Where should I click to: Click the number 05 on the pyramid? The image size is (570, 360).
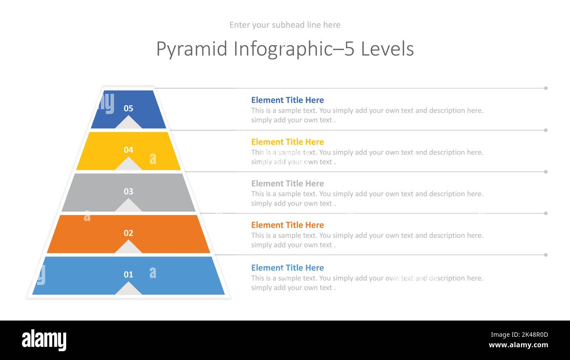click(128, 108)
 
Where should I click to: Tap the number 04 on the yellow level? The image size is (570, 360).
click(128, 150)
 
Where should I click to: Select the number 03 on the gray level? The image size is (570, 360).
click(128, 192)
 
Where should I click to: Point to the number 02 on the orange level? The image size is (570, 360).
click(128, 233)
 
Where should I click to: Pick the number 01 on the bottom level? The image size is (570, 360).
click(128, 274)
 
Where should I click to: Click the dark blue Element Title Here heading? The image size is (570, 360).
click(287, 100)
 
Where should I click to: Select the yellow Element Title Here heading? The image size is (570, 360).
click(287, 142)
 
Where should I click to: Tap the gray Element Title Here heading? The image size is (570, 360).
click(287, 183)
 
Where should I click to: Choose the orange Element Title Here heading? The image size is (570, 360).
click(287, 225)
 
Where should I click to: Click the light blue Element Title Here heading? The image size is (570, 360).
click(287, 267)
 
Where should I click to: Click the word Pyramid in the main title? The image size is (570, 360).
click(192, 49)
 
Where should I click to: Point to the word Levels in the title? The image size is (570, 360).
click(387, 49)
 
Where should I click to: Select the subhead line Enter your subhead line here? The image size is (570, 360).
click(285, 25)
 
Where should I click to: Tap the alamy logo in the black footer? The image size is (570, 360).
click(44, 340)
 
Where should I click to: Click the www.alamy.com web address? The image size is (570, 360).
click(518, 345)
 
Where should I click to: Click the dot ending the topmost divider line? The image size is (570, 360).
click(546, 88)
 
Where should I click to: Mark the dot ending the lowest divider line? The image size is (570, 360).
click(546, 255)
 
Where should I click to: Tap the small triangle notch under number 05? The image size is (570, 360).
click(128, 123)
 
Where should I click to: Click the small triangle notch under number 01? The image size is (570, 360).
click(128, 289)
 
